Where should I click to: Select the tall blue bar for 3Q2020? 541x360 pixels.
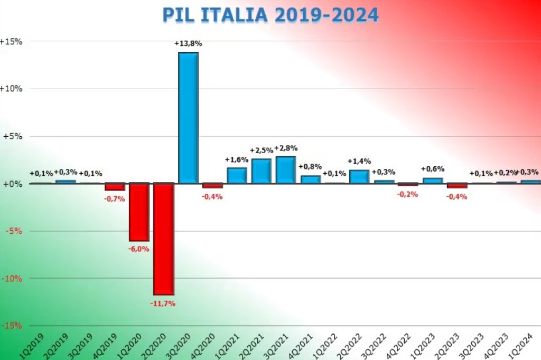click(x=188, y=118)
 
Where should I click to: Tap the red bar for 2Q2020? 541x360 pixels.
click(x=164, y=239)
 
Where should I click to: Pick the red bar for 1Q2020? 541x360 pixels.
click(x=139, y=212)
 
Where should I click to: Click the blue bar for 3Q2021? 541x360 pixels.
click(x=285, y=170)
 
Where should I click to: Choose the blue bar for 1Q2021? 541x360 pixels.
click(x=237, y=176)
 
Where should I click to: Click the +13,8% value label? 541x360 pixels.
click(x=188, y=44)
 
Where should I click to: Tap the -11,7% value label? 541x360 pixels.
click(x=163, y=304)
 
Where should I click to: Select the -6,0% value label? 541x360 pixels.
click(x=139, y=249)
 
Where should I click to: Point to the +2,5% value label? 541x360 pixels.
click(x=261, y=150)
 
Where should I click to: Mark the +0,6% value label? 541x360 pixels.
click(x=432, y=169)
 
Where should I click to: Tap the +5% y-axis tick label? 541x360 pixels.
click(x=13, y=136)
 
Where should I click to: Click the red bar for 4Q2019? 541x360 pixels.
click(x=115, y=187)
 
